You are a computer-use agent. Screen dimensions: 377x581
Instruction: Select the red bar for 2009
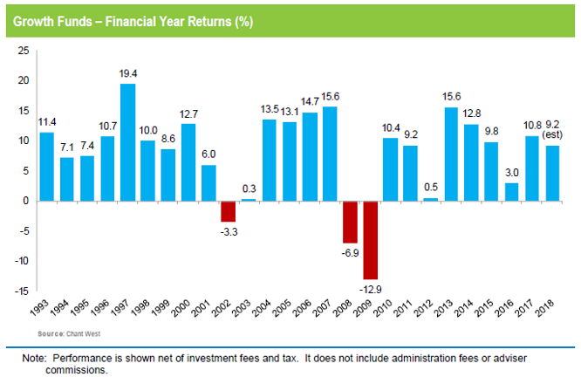pyautogui.click(x=370, y=239)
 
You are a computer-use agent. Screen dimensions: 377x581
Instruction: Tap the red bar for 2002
pyautogui.click(x=228, y=210)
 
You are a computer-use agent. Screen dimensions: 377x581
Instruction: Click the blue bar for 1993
pyautogui.click(x=46, y=166)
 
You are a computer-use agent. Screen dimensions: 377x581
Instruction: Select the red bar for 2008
pyautogui.click(x=350, y=221)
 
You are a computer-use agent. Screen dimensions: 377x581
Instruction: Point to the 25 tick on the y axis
pyautogui.click(x=23, y=52)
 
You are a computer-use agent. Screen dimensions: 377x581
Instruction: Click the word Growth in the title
pyautogui.click(x=32, y=20)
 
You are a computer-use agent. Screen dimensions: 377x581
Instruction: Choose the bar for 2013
pyautogui.click(x=451, y=154)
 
